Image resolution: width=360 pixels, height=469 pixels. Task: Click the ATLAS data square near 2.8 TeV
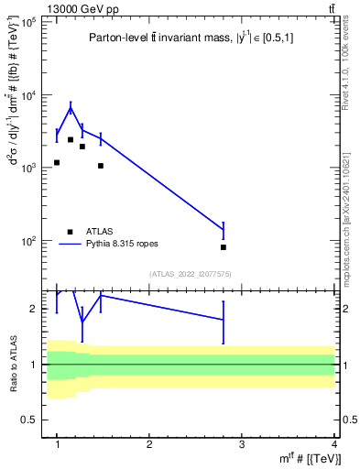click(224, 247)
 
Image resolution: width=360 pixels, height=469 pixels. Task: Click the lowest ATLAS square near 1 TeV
click(57, 162)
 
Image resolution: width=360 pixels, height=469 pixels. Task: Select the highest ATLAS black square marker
click(71, 140)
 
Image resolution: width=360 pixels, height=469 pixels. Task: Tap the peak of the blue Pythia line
click(71, 108)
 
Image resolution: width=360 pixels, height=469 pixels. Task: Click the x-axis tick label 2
click(149, 444)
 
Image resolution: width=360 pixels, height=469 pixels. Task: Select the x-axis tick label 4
click(333, 444)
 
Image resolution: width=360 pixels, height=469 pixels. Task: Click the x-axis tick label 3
click(242, 444)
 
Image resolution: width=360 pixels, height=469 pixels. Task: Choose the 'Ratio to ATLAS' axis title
click(12, 365)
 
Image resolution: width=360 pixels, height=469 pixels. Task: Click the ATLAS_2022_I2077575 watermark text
click(191, 274)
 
